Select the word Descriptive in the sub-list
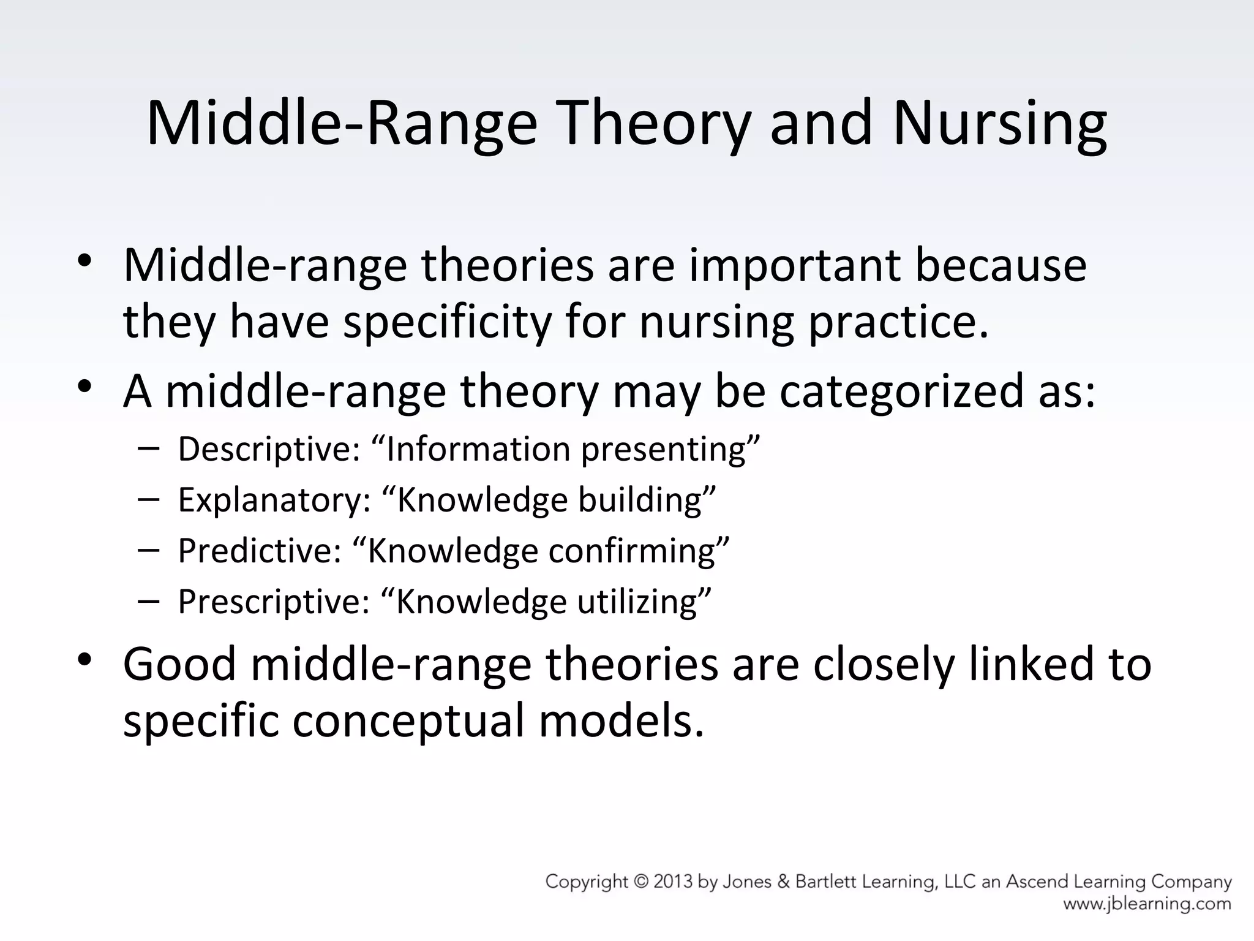pyautogui.click(x=268, y=449)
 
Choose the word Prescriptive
pyautogui.click(x=273, y=602)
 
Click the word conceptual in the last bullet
pyautogui.click(x=408, y=720)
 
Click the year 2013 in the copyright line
pyautogui.click(x=674, y=882)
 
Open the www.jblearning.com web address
pyautogui.click(x=1147, y=904)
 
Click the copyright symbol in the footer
pyautogui.click(x=641, y=882)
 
